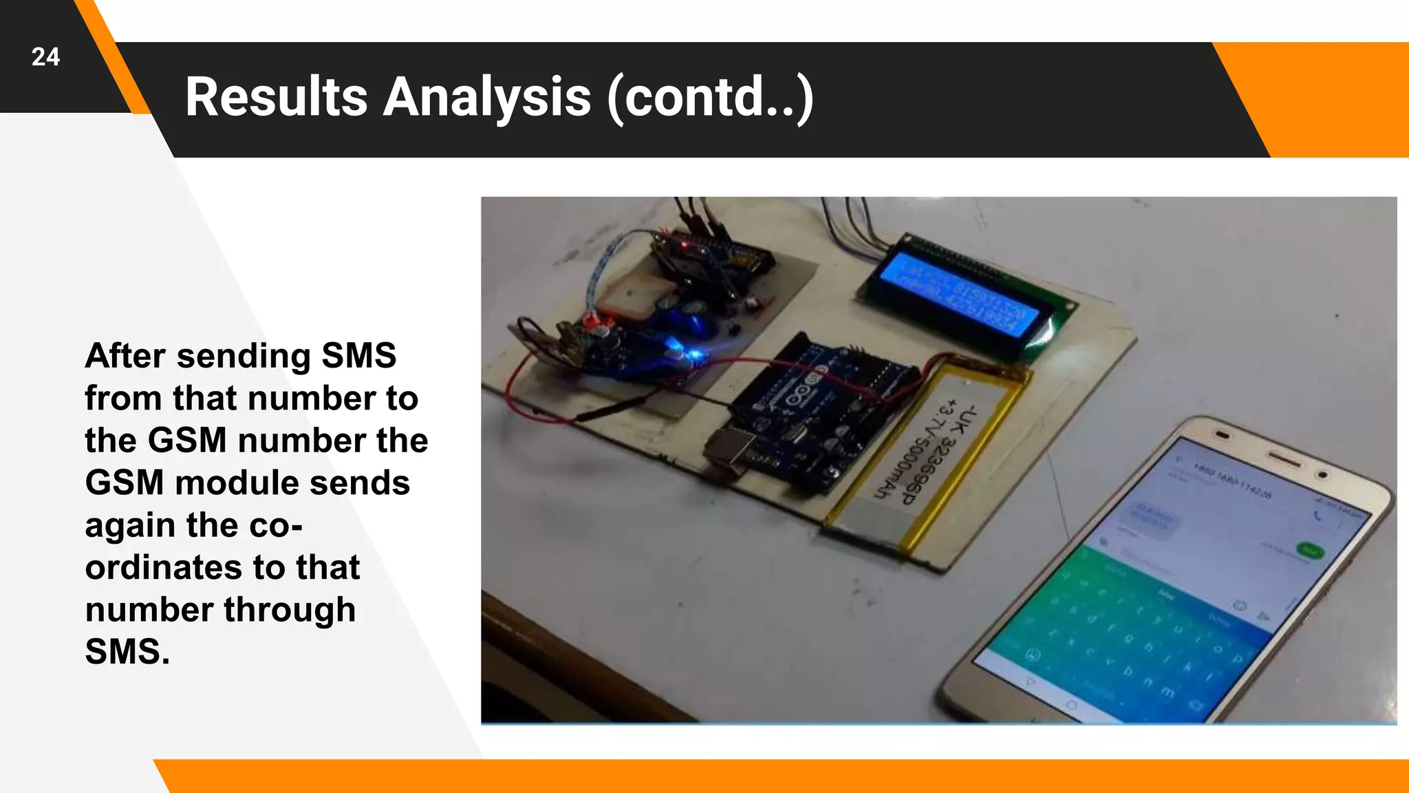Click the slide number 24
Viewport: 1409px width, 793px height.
(45, 57)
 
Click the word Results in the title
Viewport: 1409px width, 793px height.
(276, 97)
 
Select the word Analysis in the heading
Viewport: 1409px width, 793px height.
(487, 97)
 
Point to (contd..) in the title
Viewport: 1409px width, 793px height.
(711, 98)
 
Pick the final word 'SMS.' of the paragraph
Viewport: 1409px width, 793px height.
(127, 652)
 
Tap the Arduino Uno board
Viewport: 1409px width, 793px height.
(812, 420)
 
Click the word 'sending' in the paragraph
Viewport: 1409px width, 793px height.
(244, 357)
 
